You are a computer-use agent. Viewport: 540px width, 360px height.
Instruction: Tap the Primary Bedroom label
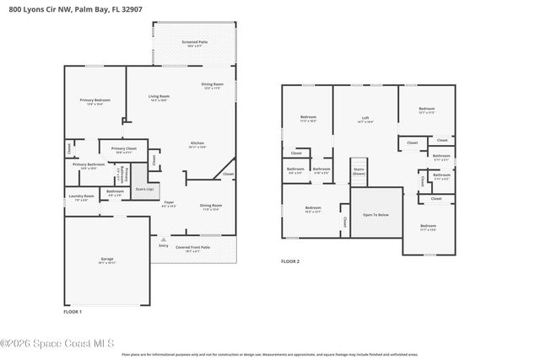click(89, 100)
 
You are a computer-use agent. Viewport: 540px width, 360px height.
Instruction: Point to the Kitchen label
click(197, 144)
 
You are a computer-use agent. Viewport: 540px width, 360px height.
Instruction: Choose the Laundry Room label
click(81, 198)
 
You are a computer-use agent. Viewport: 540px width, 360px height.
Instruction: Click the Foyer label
click(170, 203)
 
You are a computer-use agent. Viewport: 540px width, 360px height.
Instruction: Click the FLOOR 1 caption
click(73, 311)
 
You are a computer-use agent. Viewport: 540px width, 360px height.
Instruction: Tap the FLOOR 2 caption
click(290, 261)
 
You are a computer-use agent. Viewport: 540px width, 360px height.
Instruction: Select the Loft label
click(365, 119)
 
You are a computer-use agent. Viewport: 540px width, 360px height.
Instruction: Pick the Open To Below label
click(375, 215)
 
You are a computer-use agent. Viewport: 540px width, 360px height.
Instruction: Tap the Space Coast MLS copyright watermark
click(57, 343)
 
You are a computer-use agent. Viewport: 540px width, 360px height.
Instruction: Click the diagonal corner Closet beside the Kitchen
click(228, 175)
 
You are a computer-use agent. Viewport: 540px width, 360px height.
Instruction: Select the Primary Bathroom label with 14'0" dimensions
click(88, 165)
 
